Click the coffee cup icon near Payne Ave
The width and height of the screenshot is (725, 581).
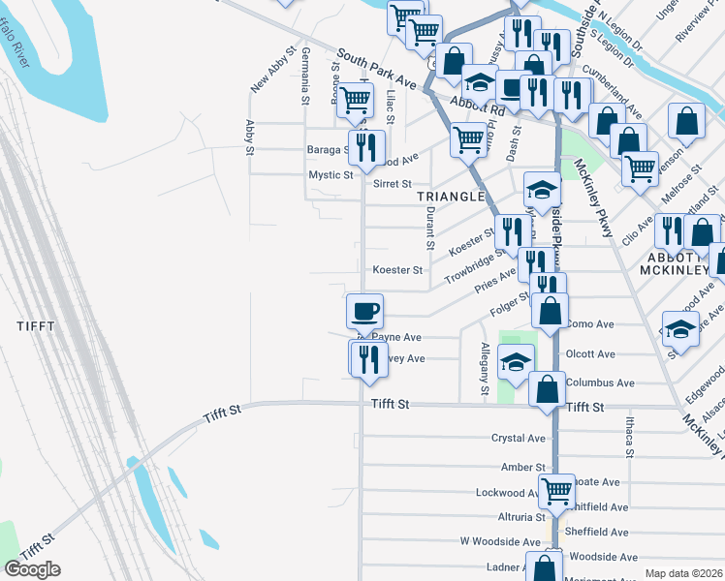point(364,312)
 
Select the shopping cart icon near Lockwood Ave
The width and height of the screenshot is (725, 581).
point(556,490)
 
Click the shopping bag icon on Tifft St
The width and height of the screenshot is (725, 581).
point(548,389)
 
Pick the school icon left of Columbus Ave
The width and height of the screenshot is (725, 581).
point(516,362)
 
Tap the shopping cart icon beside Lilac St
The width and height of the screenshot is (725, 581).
point(356,100)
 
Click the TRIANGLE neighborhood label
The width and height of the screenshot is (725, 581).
point(450,197)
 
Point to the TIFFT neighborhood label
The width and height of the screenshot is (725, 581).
point(36,326)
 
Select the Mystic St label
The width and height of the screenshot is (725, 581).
point(331,175)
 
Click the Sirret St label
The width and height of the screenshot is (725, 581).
point(393,183)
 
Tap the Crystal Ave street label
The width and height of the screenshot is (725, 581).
point(519,438)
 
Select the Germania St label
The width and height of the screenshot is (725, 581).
point(304,76)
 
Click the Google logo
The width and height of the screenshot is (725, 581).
point(32,569)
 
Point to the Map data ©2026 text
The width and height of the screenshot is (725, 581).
point(683,573)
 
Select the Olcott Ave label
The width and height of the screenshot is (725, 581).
point(590,354)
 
